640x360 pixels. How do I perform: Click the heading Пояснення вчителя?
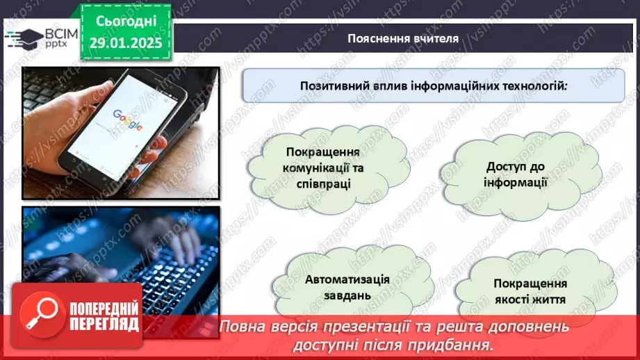tap(403, 38)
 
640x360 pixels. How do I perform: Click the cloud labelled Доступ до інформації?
tap(517, 175)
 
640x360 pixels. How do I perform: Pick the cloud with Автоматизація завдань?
tap(347, 286)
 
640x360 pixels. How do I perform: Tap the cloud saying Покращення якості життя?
tap(530, 292)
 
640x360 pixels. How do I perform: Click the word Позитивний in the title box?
tap(332, 86)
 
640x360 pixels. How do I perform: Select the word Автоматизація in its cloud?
tap(347, 279)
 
